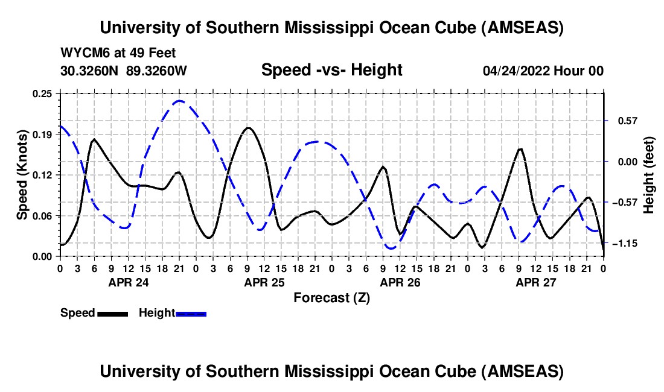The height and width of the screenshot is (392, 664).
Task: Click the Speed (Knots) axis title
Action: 22,175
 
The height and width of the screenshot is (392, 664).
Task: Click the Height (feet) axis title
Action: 649,175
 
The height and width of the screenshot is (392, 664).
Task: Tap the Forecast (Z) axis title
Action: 331,297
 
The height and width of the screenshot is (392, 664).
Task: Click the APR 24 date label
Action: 128,282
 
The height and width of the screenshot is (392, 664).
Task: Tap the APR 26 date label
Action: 400,282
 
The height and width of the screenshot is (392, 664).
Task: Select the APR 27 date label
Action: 535,282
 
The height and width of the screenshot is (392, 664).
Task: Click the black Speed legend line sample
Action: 112,314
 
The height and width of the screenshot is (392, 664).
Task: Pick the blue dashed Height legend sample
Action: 191,314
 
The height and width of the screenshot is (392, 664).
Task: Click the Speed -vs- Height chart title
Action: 331,70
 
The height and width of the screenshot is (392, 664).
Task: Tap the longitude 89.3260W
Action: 156,71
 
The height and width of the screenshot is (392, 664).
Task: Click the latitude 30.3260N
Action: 90,71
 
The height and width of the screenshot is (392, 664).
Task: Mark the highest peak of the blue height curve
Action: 179,101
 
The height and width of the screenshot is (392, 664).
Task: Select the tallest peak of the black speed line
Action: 247,128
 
